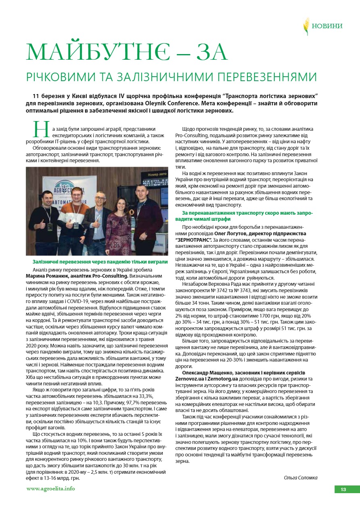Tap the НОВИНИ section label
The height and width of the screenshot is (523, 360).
[x=327, y=26]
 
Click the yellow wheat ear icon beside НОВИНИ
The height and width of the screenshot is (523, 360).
[x=307, y=26]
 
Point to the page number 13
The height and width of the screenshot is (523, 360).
[x=343, y=490]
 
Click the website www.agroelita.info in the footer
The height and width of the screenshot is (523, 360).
[x=50, y=489]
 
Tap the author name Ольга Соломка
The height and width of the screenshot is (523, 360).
[x=301, y=477]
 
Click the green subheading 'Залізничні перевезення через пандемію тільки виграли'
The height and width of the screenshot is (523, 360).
[x=100, y=262]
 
